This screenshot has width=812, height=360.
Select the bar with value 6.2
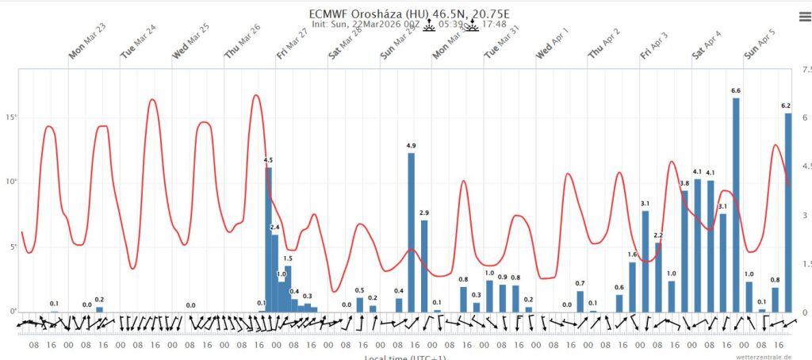click(x=788, y=213)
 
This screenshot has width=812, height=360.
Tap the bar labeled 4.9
click(x=411, y=232)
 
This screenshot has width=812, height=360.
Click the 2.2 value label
click(x=658, y=236)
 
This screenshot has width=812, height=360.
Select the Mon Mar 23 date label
click(x=87, y=50)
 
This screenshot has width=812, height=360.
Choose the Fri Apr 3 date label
click(x=655, y=50)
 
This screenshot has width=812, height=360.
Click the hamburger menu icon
click(x=803, y=15)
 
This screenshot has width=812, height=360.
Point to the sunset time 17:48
click(x=495, y=25)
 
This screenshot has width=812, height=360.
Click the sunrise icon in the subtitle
click(x=429, y=25)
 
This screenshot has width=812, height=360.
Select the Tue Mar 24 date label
click(x=138, y=50)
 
